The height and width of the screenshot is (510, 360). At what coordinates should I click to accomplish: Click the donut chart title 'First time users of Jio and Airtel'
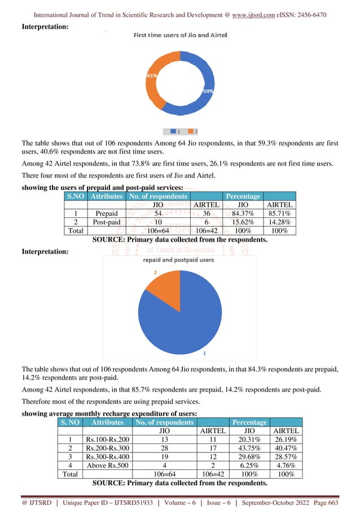tap(180, 35)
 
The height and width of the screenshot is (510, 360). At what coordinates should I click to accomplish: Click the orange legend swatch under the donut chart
tap(190, 131)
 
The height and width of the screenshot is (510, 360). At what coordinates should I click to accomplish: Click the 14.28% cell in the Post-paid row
tap(282, 222)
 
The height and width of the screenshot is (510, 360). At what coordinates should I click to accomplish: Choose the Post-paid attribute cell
tap(107, 222)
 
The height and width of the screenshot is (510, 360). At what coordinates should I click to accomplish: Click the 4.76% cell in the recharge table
tap(286, 466)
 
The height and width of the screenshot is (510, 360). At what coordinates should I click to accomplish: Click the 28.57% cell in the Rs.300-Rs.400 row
tap(286, 457)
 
